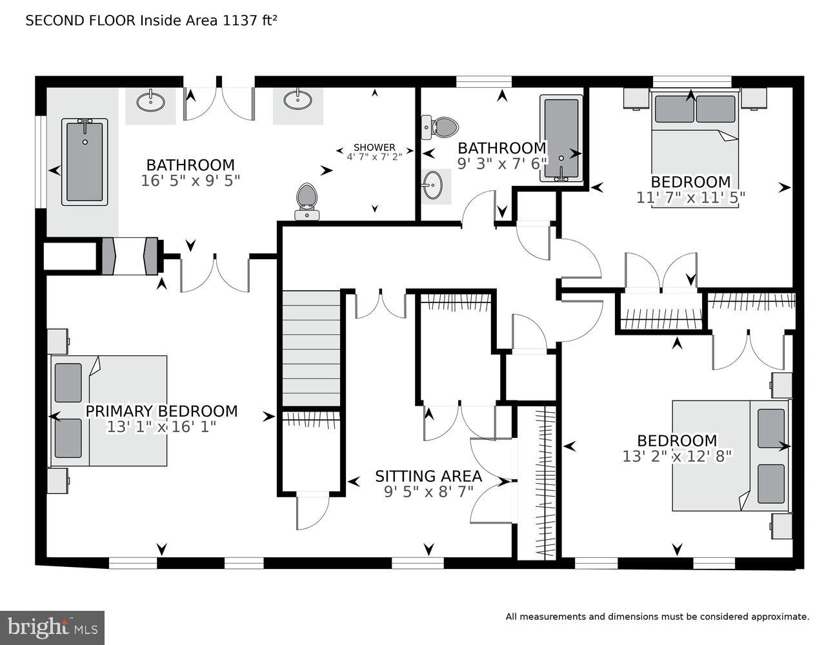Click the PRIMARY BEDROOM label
(161, 411)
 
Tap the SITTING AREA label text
(428, 476)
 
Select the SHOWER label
(374, 148)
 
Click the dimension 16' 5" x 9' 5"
(190, 181)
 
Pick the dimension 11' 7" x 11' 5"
(690, 197)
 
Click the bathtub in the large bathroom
(85, 161)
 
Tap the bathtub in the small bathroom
(561, 138)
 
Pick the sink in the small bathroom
(435, 186)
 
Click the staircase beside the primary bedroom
(312, 348)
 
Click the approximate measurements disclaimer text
(657, 617)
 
